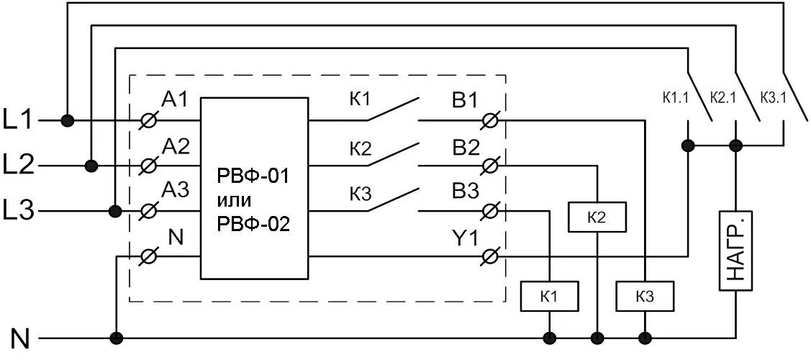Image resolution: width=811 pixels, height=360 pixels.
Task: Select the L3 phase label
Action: coord(19,212)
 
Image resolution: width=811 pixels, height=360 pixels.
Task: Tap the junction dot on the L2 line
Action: coord(91,166)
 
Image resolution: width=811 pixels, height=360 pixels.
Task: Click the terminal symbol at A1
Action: coord(148,121)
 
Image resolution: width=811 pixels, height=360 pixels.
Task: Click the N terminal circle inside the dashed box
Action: coord(148,256)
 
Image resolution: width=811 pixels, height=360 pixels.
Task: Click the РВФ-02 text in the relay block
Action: coord(253,224)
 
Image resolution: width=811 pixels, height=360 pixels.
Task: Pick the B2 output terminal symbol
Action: coord(490,166)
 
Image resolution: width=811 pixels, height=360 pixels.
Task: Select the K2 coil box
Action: coord(597,217)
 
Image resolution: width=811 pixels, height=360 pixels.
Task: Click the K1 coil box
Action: coord(549,296)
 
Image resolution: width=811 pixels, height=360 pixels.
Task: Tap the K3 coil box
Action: coord(645,296)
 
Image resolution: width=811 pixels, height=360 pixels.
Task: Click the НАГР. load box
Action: coord(735,250)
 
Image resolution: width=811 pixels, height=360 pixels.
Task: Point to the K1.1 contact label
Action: coord(676,96)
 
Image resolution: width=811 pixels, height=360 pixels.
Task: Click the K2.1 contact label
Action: coord(723,96)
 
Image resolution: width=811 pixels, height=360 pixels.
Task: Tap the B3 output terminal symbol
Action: coord(490,211)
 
